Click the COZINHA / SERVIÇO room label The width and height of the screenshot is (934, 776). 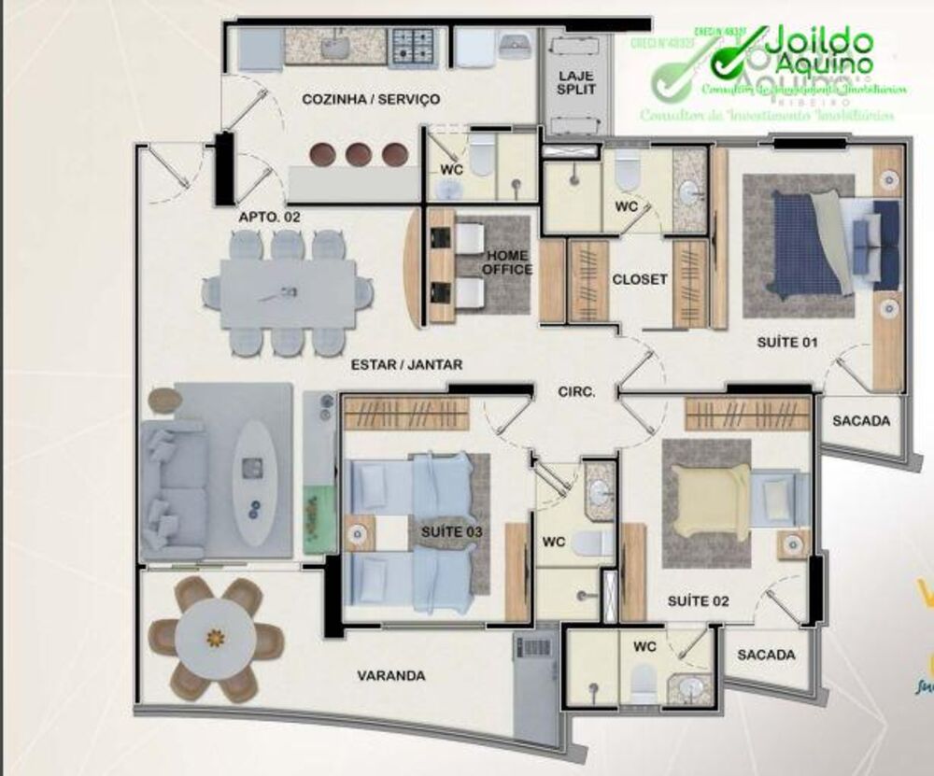click(371, 99)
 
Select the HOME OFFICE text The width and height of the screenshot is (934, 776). click(507, 262)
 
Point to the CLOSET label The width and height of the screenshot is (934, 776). click(640, 279)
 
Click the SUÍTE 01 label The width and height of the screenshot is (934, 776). click(786, 343)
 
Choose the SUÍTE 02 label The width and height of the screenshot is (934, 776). click(698, 601)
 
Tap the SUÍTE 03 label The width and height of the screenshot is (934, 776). click(453, 531)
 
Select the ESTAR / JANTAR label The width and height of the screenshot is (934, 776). click(406, 365)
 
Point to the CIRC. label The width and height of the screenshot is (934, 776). click(576, 393)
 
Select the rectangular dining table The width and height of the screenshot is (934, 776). click(287, 293)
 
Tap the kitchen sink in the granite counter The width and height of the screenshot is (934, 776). click(334, 44)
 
